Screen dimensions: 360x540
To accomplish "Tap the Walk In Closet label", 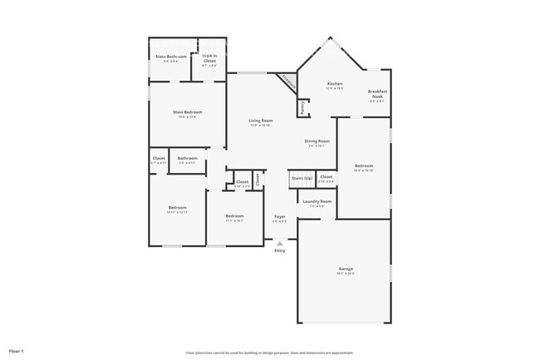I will pos(209,58).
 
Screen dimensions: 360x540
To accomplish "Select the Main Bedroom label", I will pos(187,112).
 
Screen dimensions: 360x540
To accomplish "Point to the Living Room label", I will pos(261,121).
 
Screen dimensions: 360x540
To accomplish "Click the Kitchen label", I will pos(335,84).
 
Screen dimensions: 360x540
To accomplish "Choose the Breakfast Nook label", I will pos(377,96).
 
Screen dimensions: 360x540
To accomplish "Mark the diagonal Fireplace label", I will pos(287,81).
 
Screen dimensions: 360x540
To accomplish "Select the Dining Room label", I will pos(317,141).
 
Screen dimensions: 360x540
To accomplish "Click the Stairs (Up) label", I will pos(301,177).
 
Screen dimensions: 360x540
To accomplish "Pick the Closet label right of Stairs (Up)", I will pos(326,177).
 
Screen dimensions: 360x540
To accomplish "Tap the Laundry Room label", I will pos(317,201).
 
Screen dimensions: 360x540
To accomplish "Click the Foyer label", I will pos(280,217).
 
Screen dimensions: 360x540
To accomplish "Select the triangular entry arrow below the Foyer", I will pos(280,244).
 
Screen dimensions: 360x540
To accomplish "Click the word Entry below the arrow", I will pos(280,250).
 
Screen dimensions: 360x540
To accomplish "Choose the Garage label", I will pos(346,269).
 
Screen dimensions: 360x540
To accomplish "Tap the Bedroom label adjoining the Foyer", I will pos(234,216).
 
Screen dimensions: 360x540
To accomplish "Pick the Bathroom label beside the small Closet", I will pos(187,158).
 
